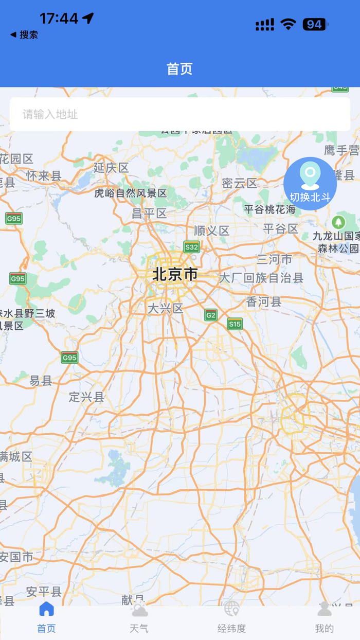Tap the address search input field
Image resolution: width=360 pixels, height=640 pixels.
pos(180,114)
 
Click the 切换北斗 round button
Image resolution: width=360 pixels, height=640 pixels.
pos(310,184)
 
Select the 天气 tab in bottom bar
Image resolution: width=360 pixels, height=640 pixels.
pos(139,619)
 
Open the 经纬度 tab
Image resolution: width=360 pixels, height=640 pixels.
pos(231,619)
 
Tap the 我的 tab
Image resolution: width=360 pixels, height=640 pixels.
pos(324,619)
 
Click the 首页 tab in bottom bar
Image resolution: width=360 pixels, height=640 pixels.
pos(46,619)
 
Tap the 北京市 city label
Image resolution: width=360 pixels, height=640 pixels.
pos(175,274)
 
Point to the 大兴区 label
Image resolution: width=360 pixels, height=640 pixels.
pos(165,309)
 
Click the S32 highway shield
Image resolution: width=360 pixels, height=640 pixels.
pos(191,247)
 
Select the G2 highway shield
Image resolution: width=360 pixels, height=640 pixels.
pos(210,315)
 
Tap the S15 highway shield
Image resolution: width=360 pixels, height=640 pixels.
pos(235,324)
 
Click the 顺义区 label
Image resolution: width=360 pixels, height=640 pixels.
pos(211,230)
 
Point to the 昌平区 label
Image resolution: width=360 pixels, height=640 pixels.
pos(150,214)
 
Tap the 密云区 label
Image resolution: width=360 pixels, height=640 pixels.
pos(239,183)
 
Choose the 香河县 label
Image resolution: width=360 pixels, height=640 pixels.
pos(264,302)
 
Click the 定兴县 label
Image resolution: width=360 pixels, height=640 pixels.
pos(86,397)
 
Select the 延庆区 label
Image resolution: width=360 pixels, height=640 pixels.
pos(111,168)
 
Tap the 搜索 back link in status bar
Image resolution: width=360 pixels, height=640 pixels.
pos(24,35)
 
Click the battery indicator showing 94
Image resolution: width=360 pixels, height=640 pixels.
pos(314,24)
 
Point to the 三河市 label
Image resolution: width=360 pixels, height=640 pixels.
pos(275,259)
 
